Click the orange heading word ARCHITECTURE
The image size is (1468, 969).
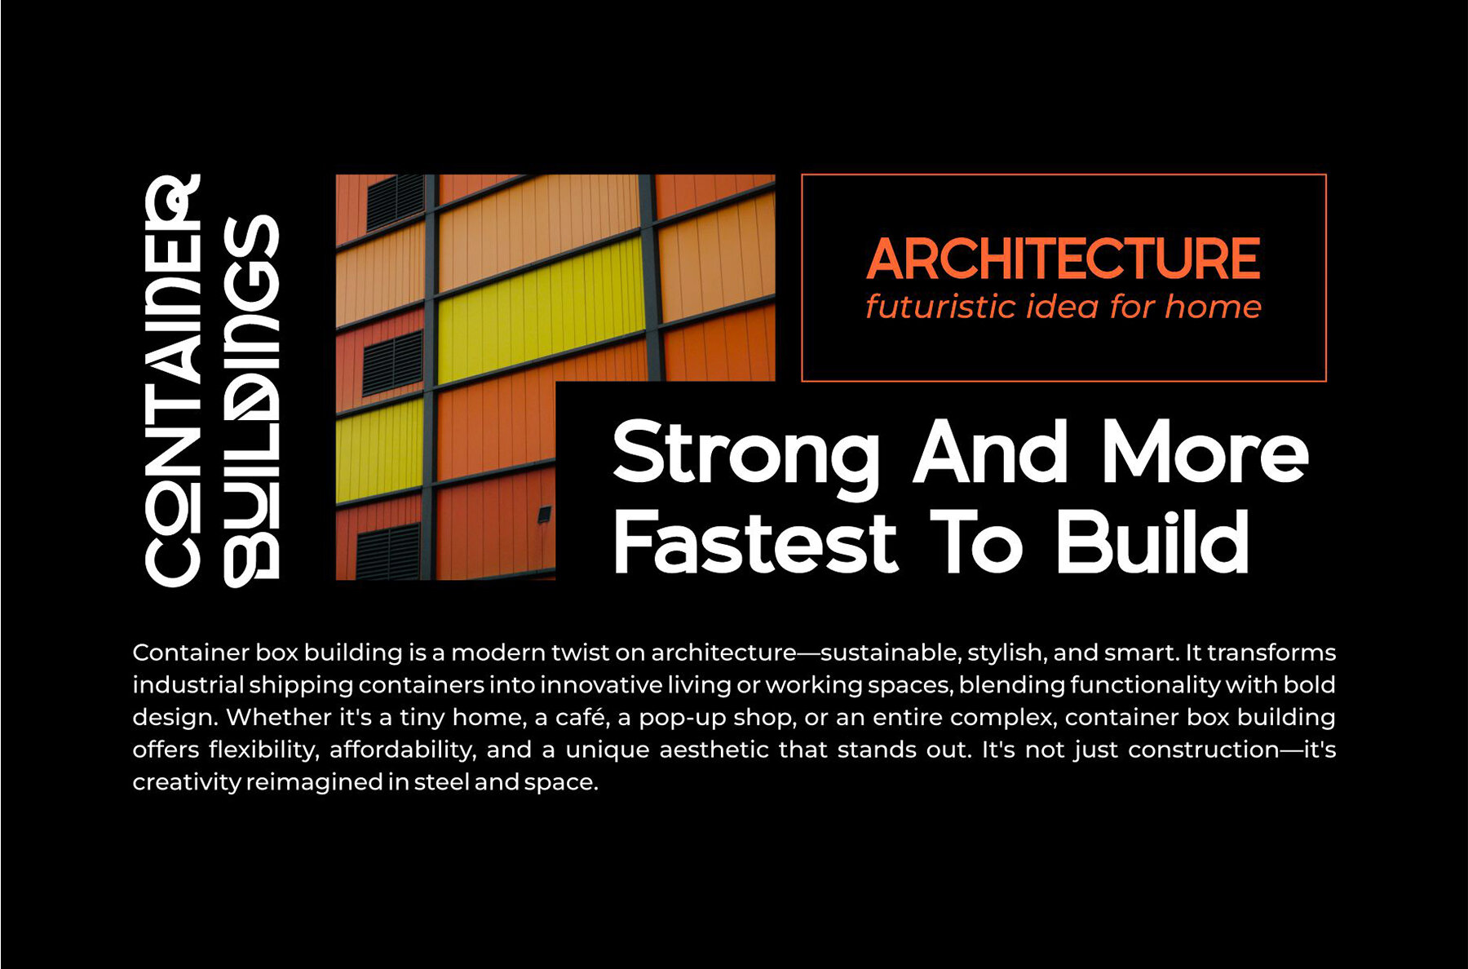point(1063,259)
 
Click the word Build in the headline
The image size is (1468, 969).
point(1152,541)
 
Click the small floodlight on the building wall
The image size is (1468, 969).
point(544,515)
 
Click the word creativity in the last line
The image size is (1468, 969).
point(187,782)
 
